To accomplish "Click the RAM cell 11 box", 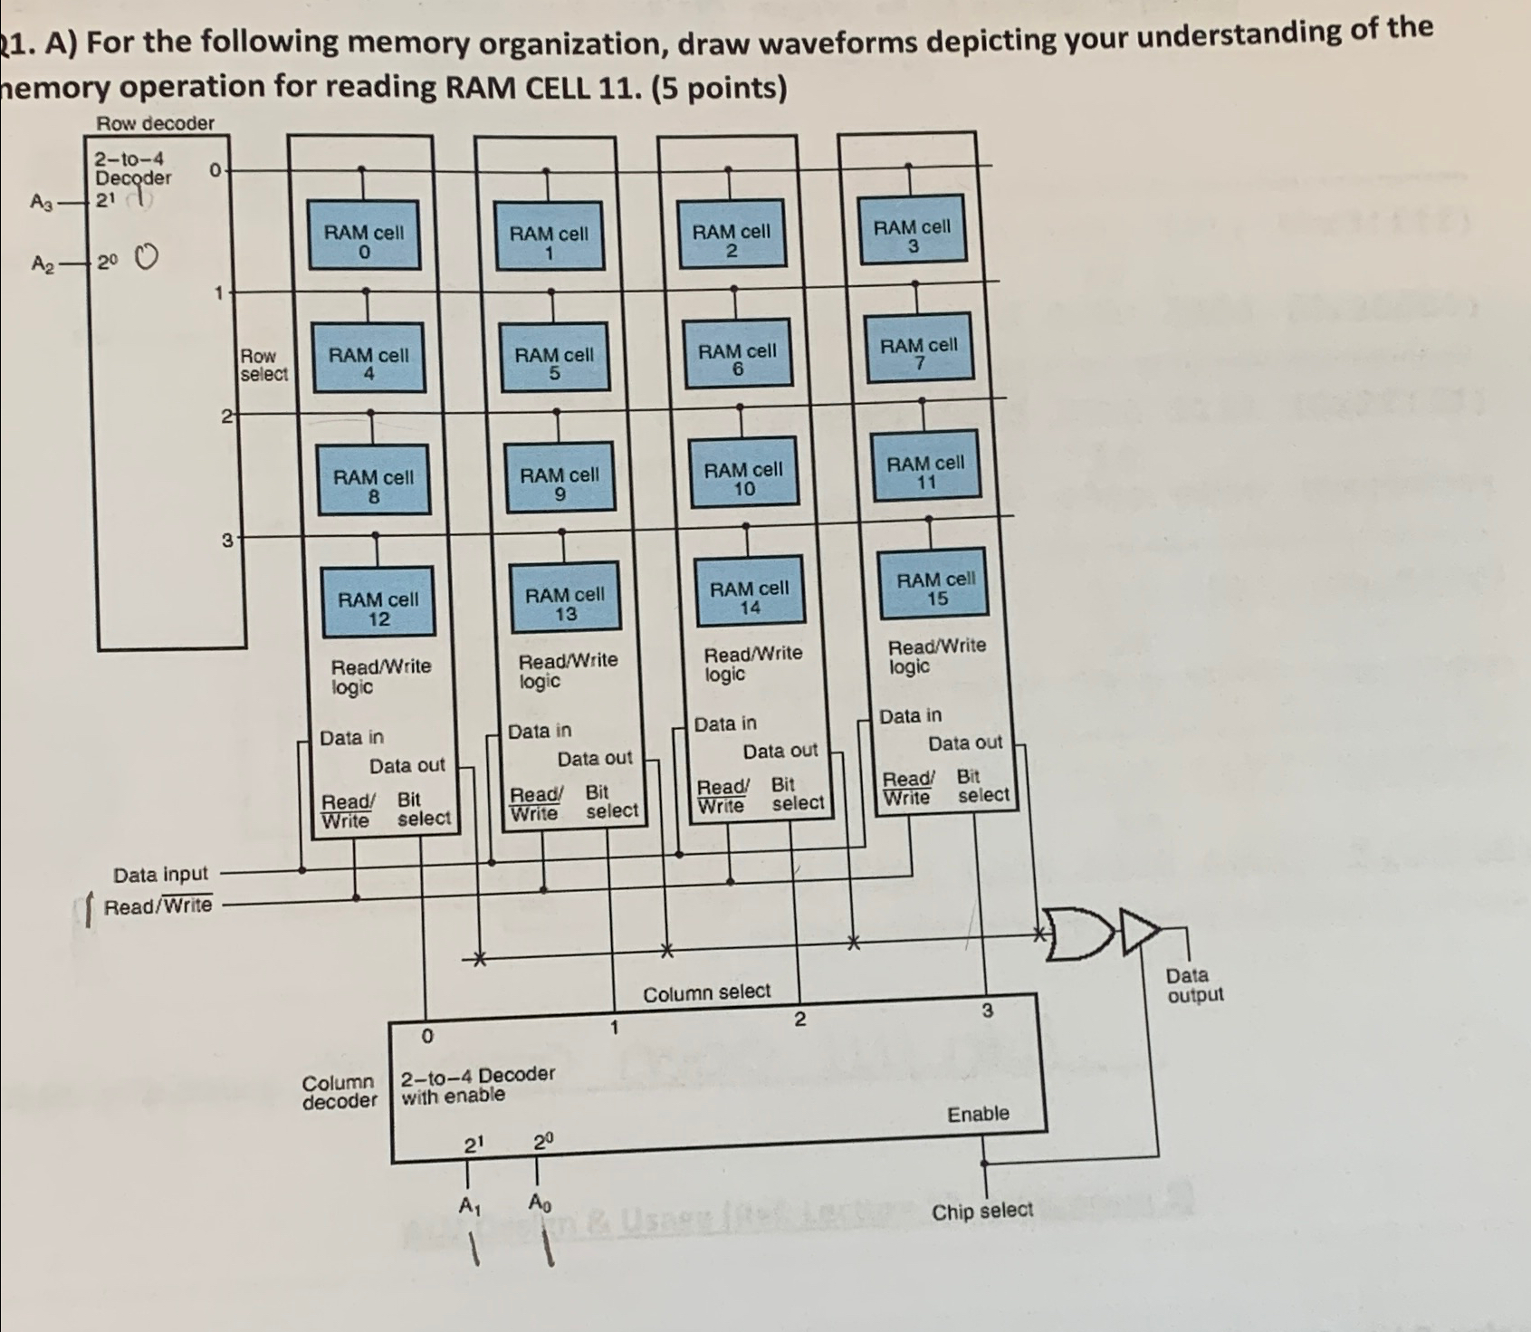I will tap(925, 472).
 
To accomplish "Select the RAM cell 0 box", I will tap(364, 242).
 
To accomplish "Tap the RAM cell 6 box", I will tap(737, 359).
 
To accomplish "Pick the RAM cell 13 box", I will tap(565, 603).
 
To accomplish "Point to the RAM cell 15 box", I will tap(936, 588).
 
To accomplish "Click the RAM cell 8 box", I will tap(373, 486).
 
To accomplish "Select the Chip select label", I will tap(981, 1211).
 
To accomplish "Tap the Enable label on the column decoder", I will tap(978, 1114).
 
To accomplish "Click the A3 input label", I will tap(42, 202).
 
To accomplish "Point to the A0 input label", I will tap(539, 1203).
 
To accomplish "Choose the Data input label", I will tap(160, 874).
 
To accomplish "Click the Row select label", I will tap(263, 365).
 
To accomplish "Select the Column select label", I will tap(706, 993).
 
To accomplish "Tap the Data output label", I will tap(1194, 985).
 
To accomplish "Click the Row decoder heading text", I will tap(156, 123).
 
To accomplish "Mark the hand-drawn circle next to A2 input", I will tap(146, 259).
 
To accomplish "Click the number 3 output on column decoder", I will tap(988, 1009).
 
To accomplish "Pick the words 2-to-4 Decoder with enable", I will tap(476, 1085).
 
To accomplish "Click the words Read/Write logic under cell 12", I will tap(380, 676).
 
